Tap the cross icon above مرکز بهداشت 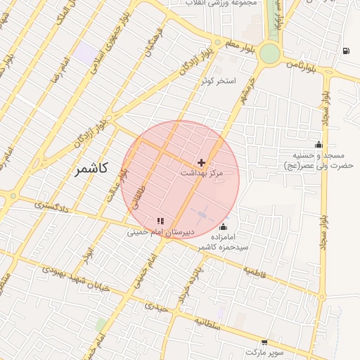(202, 162)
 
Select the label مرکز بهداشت (201, 173)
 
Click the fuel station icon (346, 51)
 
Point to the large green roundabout (269, 53)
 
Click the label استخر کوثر (217, 80)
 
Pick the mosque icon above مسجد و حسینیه (319, 145)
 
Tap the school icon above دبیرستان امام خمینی (161, 221)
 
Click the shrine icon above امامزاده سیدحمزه (224, 226)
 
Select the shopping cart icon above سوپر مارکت (264, 342)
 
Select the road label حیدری (157, 307)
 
